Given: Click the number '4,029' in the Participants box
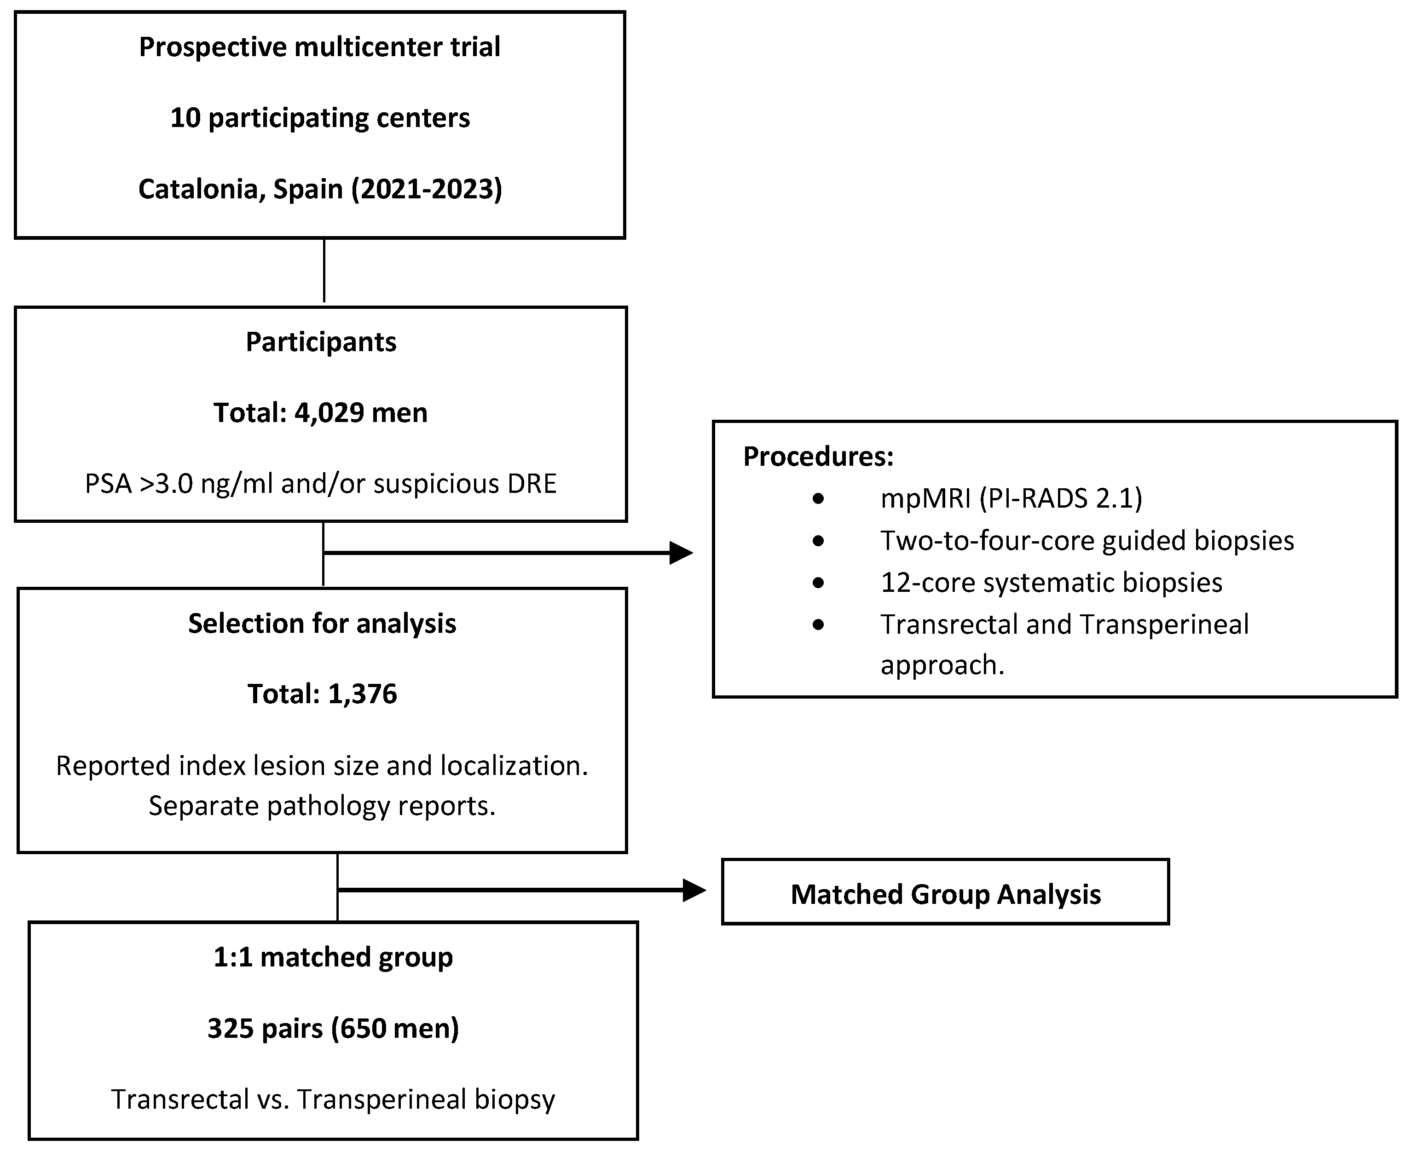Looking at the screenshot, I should (329, 413).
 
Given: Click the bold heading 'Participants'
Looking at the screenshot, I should (321, 342).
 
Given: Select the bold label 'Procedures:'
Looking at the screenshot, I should (818, 457).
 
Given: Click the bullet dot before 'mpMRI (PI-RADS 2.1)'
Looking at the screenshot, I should (818, 498).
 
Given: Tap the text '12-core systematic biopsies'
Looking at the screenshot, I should (1051, 583).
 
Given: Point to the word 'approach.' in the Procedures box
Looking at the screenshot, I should (942, 665).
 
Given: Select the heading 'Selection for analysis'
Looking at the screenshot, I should (322, 624).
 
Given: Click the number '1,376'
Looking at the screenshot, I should (362, 694).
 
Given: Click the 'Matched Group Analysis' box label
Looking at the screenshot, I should (945, 894).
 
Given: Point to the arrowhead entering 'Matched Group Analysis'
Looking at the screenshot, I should (694, 891).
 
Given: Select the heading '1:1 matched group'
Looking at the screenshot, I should (333, 957).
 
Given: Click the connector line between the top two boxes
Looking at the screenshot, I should (324, 271).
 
